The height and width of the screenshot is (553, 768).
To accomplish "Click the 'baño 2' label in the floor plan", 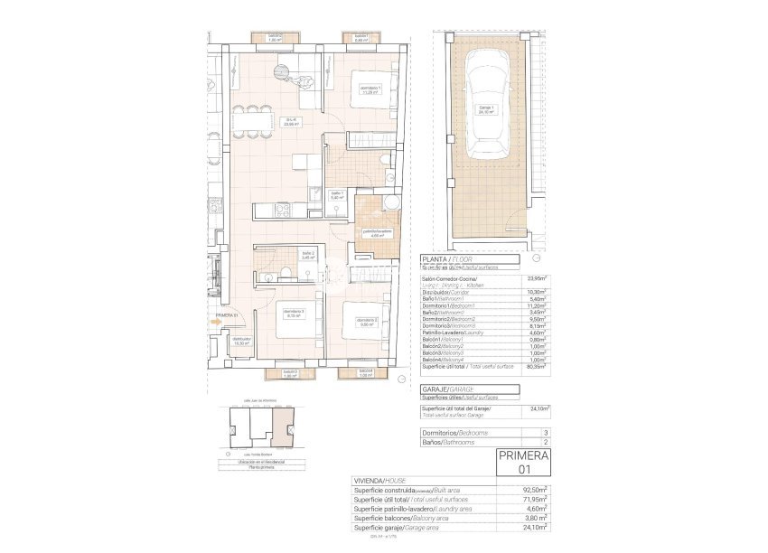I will [307, 255].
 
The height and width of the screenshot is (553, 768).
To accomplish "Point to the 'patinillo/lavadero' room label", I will [378, 234].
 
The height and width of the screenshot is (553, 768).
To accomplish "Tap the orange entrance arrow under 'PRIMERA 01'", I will [216, 321].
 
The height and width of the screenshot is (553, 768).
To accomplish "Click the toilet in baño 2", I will [285, 273].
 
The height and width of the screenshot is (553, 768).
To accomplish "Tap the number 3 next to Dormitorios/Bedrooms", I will [545, 433].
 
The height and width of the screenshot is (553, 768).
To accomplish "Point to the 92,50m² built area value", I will [535, 490].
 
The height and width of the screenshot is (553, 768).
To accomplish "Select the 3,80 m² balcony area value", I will [535, 518].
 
